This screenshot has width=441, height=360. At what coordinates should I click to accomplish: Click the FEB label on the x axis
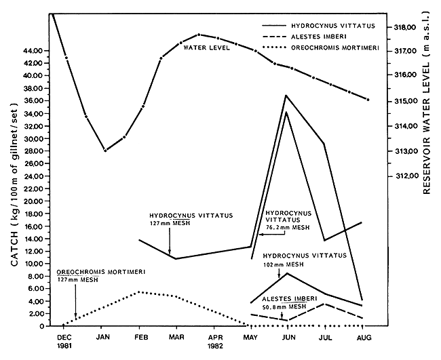tap(140, 336)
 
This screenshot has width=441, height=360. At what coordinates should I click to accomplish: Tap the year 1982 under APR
tap(216, 345)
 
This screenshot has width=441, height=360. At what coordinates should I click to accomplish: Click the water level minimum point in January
tap(104, 151)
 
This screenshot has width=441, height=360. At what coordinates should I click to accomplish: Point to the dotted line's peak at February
tap(139, 292)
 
